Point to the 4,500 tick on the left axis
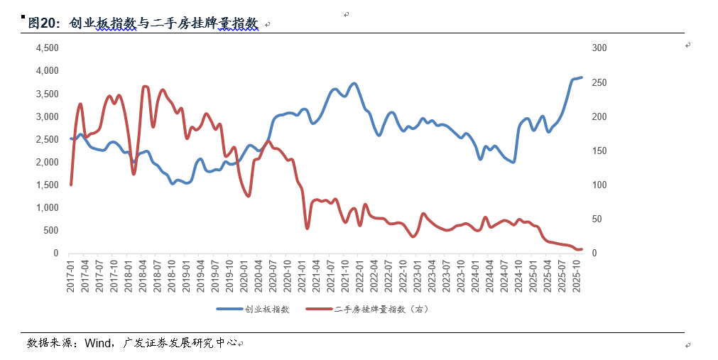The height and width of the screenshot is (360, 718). [47, 48]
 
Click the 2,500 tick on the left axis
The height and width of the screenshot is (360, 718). [47, 139]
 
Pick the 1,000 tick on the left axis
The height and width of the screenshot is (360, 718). [47, 207]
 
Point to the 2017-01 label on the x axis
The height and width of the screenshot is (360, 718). [70, 274]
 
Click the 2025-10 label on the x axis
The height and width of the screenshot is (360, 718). [577, 274]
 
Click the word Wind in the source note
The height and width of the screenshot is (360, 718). [97, 344]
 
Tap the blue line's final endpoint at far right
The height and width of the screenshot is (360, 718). [582, 77]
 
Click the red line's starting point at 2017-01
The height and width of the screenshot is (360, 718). [71, 185]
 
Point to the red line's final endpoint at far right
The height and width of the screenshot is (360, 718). [582, 249]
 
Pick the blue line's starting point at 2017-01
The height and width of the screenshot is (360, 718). [71, 138]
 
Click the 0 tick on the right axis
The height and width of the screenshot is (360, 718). [594, 253]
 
